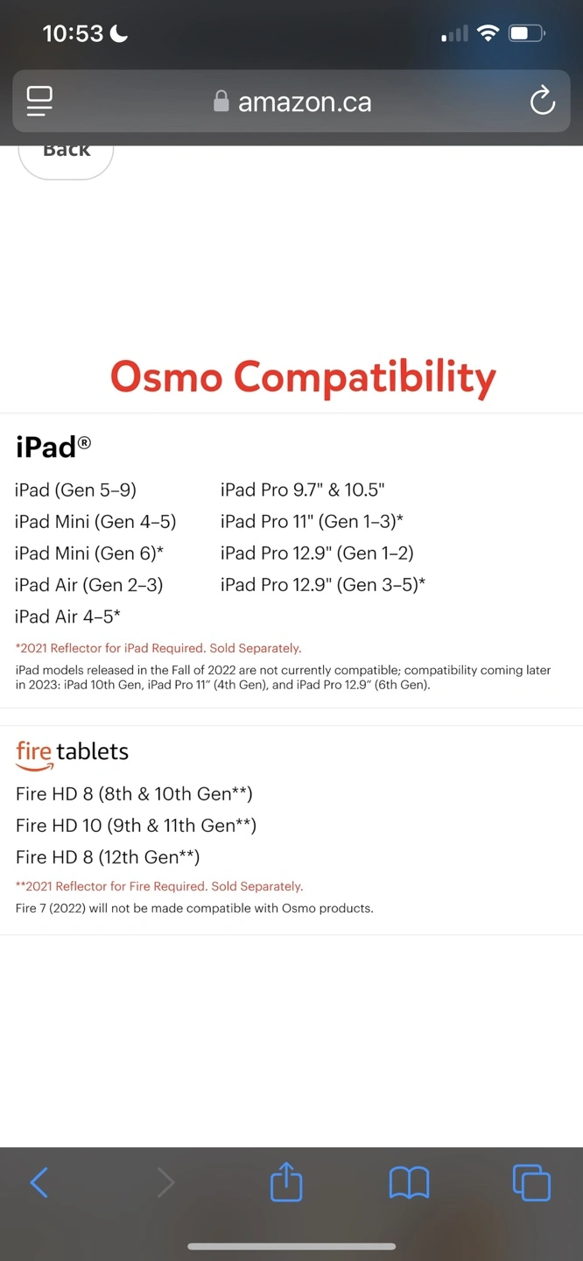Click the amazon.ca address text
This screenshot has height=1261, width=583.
305,102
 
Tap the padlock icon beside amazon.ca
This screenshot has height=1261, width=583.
221,102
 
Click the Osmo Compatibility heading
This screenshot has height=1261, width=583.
303,377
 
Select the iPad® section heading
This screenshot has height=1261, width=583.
53,447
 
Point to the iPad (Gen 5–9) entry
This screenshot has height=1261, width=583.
75,490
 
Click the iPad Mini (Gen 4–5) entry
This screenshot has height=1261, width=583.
95,521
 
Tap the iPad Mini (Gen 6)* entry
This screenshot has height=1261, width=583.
89,553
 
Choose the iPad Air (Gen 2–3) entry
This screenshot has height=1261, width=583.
89,585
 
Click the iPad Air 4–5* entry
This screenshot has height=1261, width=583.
67,616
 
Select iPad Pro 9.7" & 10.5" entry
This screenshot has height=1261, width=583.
303,490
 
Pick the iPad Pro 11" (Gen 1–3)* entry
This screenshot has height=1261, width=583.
312,521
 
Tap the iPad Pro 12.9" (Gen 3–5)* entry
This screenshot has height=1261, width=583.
323,585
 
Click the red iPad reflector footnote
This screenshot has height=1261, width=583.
158,648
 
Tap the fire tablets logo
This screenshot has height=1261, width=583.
72,754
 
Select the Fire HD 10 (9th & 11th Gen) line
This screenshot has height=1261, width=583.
137,825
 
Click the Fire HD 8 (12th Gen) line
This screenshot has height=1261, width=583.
108,856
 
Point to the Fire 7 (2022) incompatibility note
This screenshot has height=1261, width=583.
194,908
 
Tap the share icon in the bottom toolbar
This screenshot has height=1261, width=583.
286,1181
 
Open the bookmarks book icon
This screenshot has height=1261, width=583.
409,1182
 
